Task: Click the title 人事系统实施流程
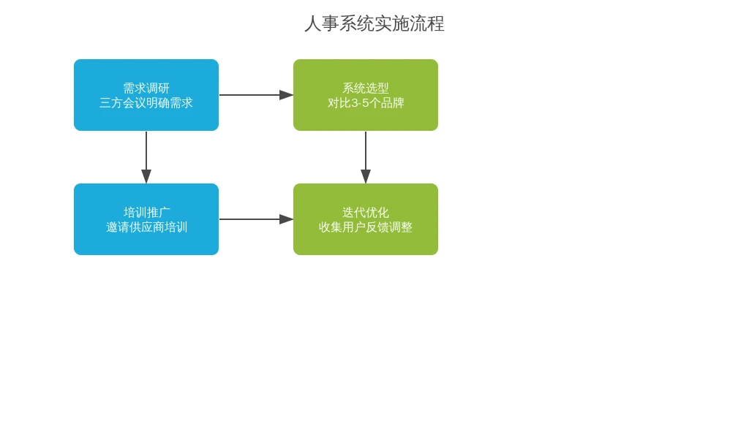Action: [374, 24]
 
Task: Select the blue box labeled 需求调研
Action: [146, 95]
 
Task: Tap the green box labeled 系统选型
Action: [366, 95]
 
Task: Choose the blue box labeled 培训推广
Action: [146, 219]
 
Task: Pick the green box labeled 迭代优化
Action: [366, 219]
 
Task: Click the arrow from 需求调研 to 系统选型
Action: [256, 95]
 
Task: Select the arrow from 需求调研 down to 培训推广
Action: [146, 158]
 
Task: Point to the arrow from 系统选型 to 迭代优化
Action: [366, 158]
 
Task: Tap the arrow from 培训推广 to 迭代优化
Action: [256, 219]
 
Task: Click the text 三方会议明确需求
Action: [146, 102]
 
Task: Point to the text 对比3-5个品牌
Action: [366, 102]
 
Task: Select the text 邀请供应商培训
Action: [146, 227]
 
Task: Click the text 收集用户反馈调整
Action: [366, 227]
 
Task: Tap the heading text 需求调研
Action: [146, 88]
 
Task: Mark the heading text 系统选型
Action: [366, 88]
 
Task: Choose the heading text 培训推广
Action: [146, 213]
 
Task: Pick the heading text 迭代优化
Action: [366, 213]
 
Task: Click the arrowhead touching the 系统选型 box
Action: [286, 95]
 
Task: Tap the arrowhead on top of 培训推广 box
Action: [146, 176]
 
